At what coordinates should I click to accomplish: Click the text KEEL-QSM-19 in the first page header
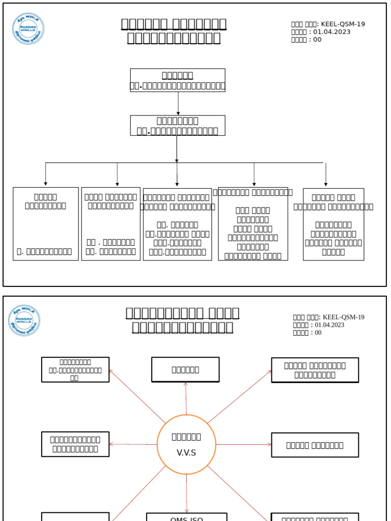pos(343,24)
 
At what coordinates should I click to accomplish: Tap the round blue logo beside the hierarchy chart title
pos(29,29)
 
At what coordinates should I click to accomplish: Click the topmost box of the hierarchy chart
pos(177,80)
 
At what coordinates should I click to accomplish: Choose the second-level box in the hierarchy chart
pos(177,125)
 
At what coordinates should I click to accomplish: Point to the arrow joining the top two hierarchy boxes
pos(178,103)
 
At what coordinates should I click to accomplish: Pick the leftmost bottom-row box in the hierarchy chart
pos(46,224)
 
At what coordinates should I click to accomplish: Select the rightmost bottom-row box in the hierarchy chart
pos(333,224)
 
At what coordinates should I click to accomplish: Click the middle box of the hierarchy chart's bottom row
pos(177,224)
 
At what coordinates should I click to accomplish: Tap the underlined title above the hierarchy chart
pos(174,31)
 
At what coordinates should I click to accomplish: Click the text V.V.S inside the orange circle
pos(186,453)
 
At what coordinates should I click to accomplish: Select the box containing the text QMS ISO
pos(186,517)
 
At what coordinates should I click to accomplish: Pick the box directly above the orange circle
pos(185,369)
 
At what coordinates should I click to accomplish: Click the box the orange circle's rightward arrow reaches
pos(315,445)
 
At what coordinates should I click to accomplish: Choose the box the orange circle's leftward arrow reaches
pos(75,444)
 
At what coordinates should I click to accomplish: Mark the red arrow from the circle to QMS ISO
pos(186,494)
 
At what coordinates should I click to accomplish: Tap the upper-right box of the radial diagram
pos(315,370)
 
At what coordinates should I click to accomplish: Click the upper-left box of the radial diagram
pos(75,369)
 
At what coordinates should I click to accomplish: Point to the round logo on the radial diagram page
pos(24,321)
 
